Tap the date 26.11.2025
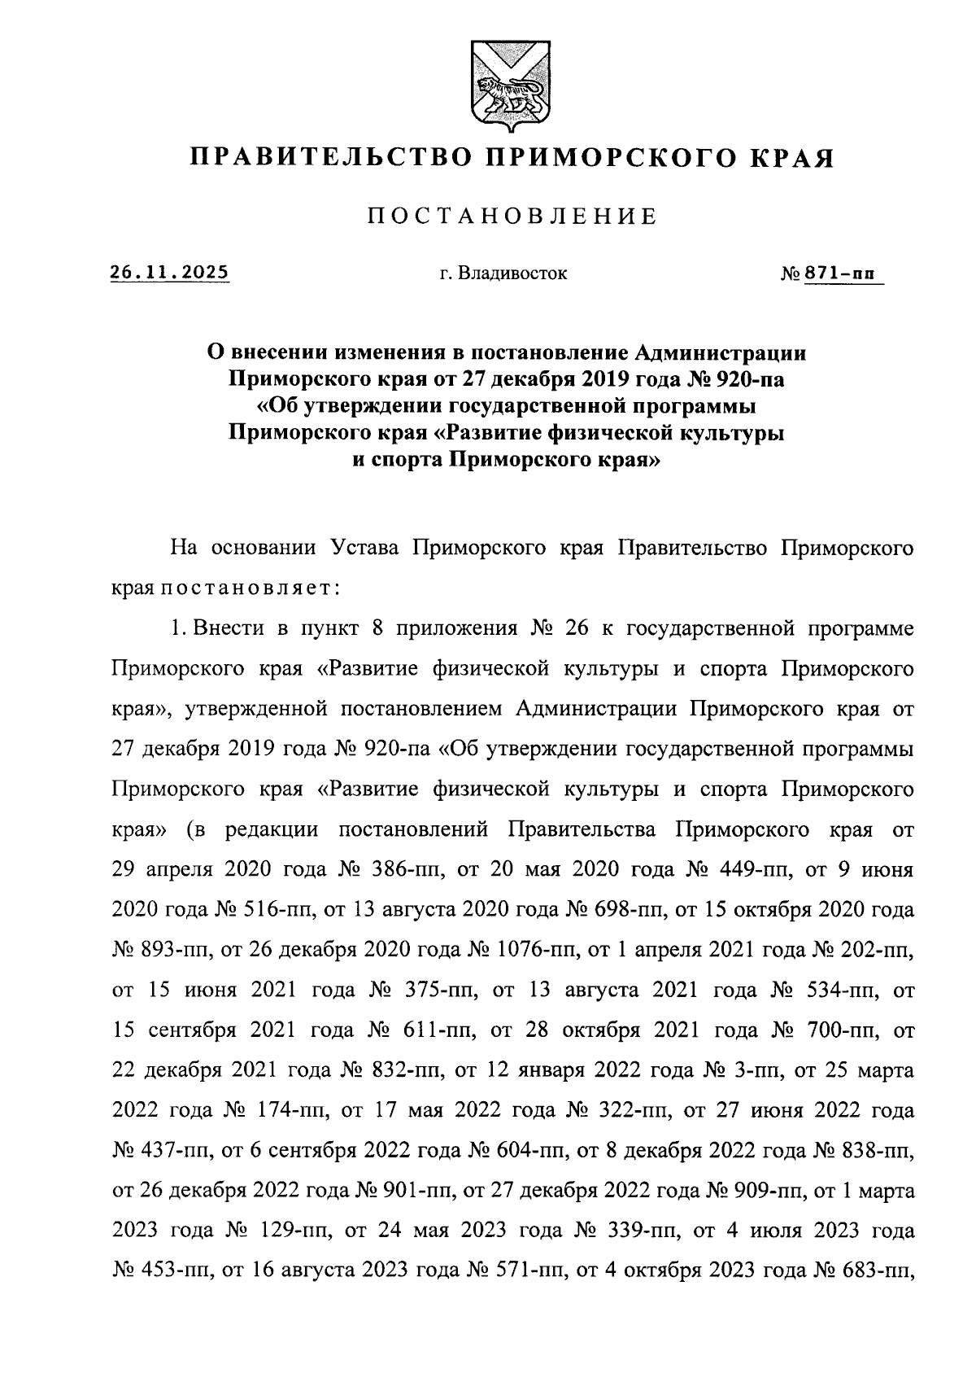169,273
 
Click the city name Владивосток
512,273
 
